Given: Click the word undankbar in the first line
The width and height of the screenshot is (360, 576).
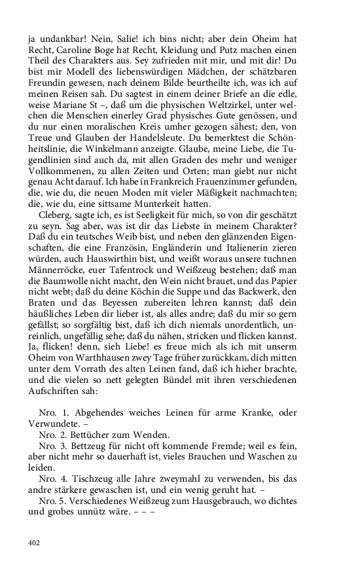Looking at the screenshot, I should click(60, 38).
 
